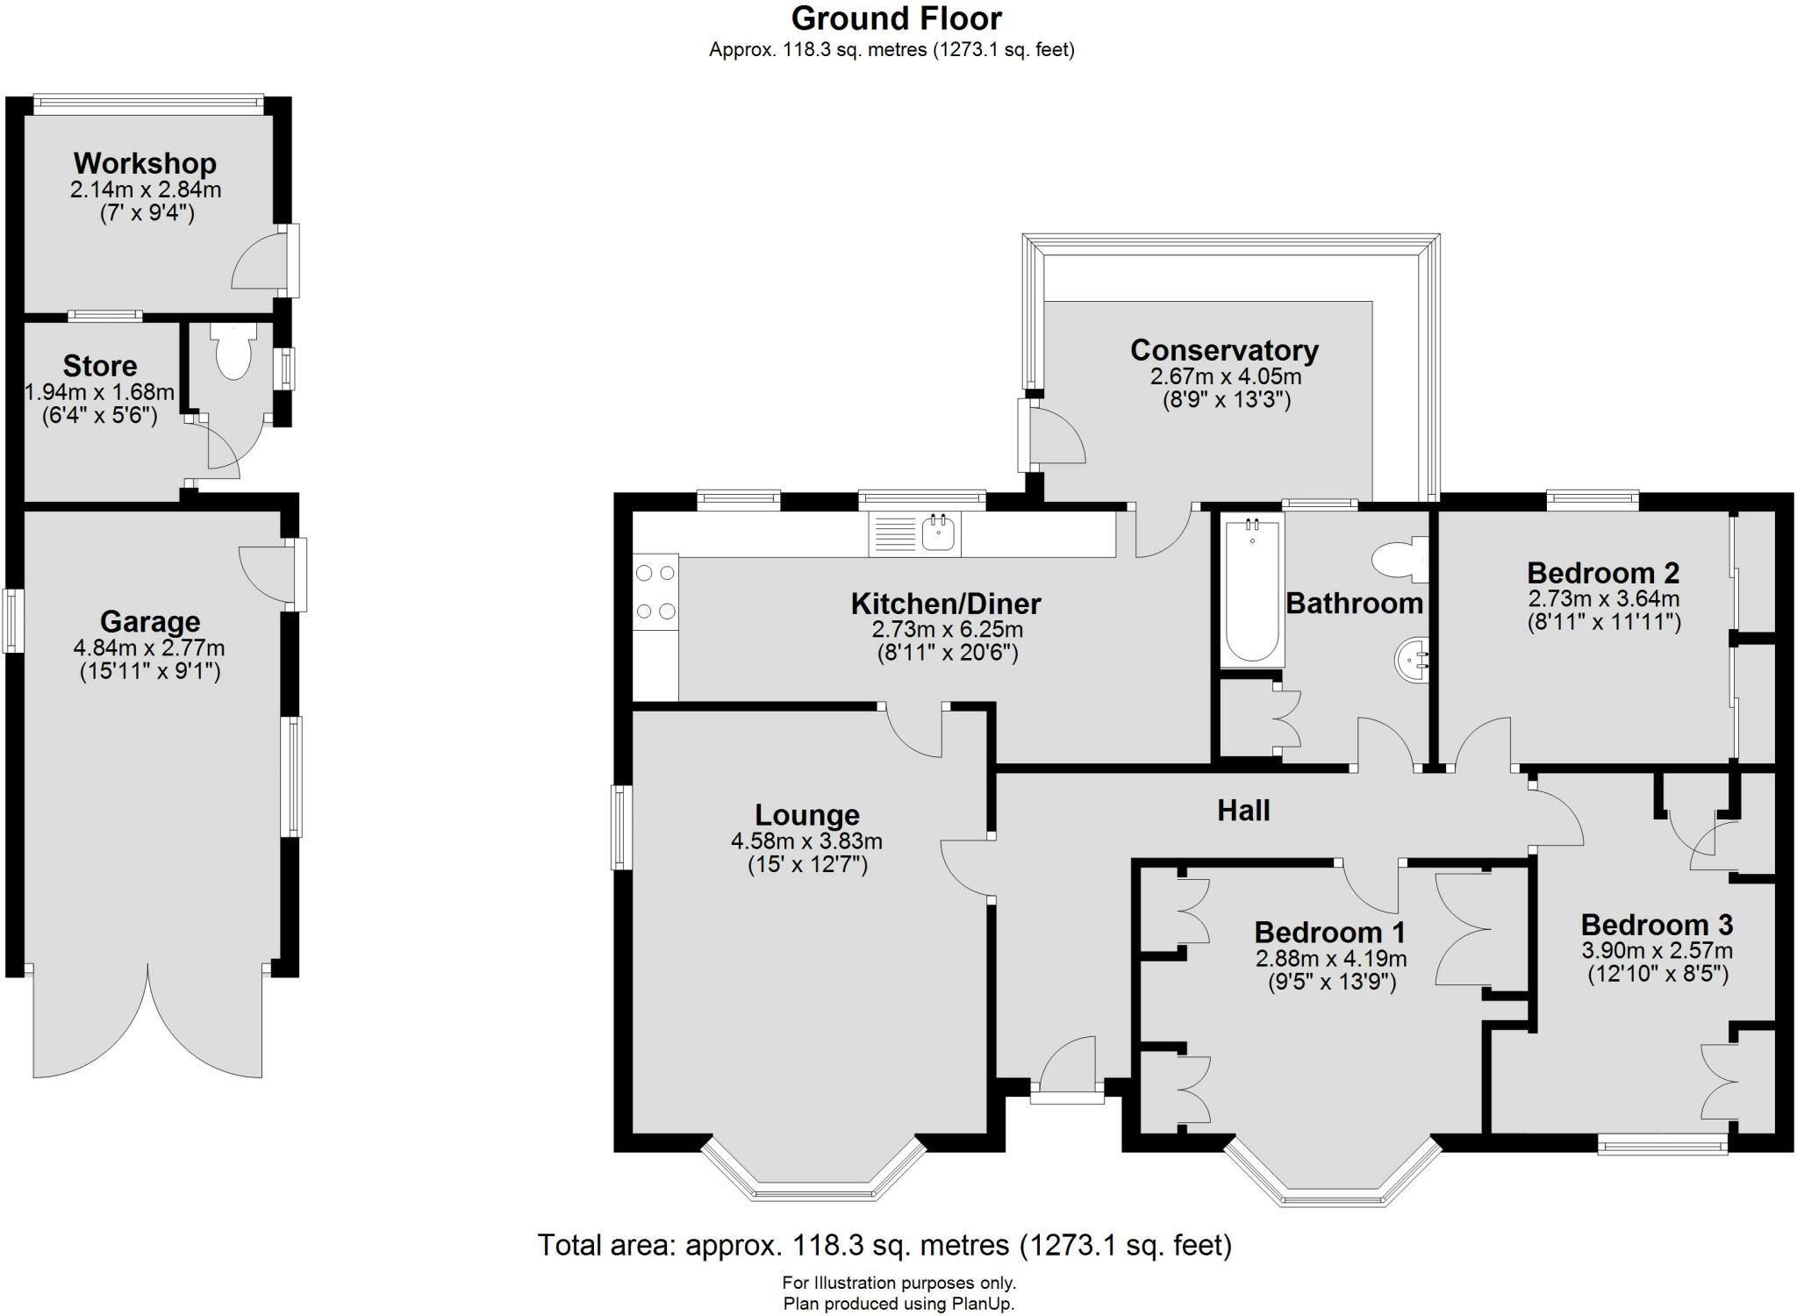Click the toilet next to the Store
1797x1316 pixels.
(233, 352)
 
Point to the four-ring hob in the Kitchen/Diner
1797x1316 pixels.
(655, 591)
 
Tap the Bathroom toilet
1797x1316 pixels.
(1400, 559)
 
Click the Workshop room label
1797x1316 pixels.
(145, 163)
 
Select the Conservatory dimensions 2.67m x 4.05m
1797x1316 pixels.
(1225, 377)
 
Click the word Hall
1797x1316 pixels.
(1243, 810)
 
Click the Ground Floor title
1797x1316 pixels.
(896, 18)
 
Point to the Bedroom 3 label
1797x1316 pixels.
(1657, 925)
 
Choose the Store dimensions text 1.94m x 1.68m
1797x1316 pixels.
(99, 391)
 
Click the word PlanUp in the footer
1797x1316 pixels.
(982, 1304)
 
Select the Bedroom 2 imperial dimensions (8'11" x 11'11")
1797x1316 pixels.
(1603, 623)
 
